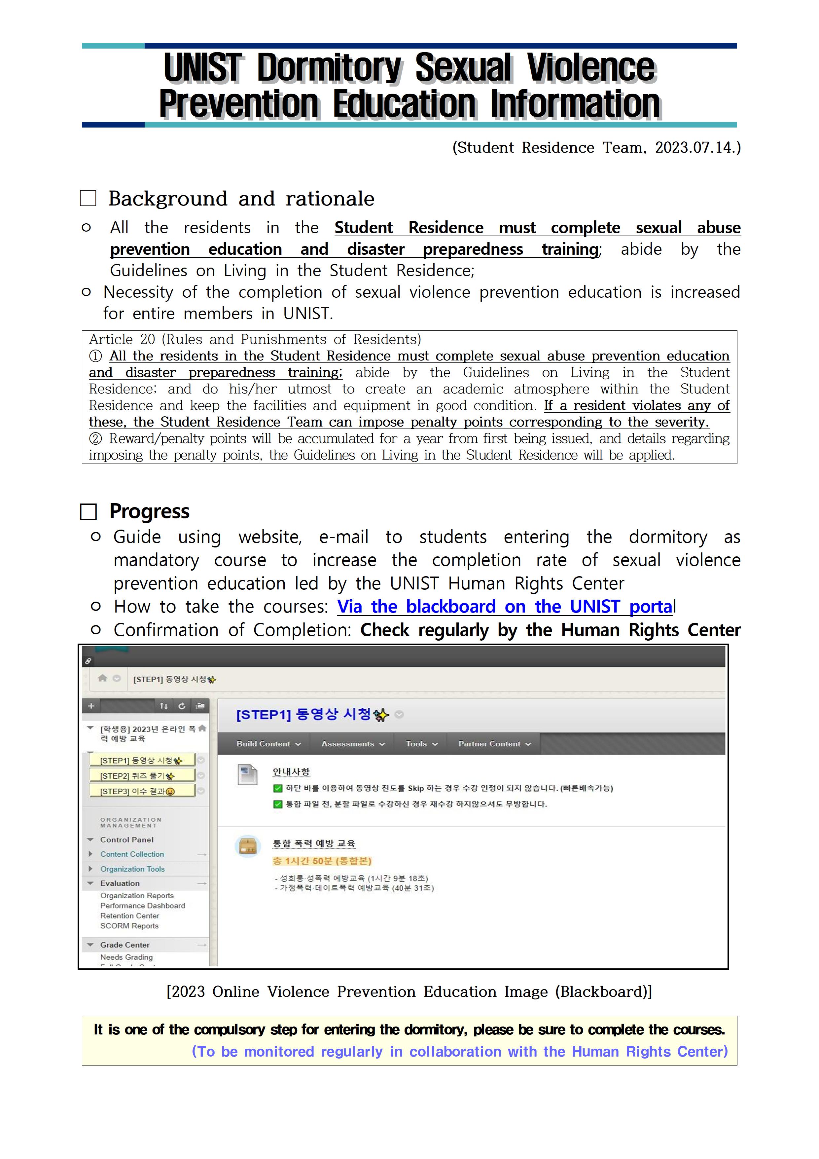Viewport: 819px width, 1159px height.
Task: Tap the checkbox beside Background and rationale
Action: [88, 198]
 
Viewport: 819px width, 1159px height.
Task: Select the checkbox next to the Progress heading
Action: [88, 511]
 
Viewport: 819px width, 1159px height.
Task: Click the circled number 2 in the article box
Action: [95, 439]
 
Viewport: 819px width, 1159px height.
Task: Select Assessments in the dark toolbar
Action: [353, 744]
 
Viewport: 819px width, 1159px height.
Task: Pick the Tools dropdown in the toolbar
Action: [421, 744]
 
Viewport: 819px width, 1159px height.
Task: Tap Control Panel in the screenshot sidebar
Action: [127, 840]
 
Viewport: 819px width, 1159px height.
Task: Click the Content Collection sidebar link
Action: [132, 854]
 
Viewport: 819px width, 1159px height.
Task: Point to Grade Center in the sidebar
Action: [125, 945]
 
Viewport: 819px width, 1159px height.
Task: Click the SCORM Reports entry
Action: [129, 926]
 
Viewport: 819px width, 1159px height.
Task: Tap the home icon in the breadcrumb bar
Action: [102, 678]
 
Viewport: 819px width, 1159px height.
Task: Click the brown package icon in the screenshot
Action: [248, 846]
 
